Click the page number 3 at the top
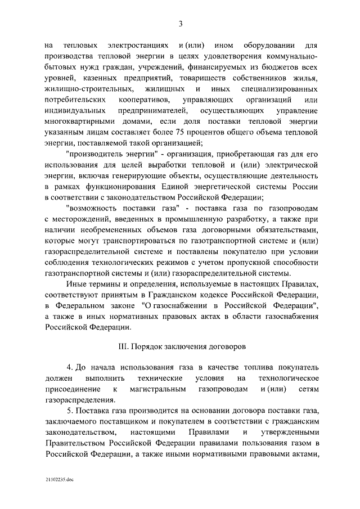click(x=180, y=23)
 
